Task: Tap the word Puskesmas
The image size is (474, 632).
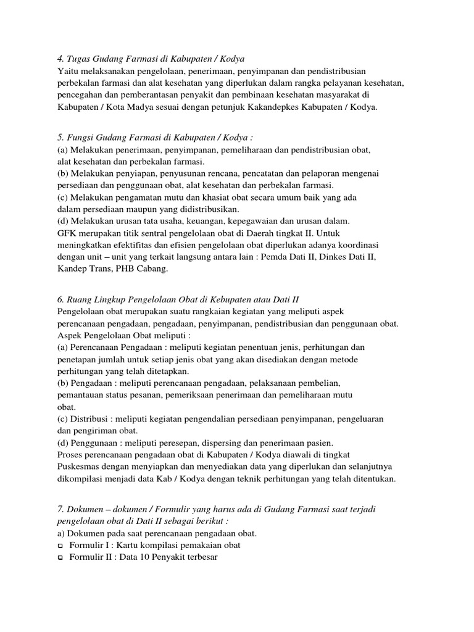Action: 79,467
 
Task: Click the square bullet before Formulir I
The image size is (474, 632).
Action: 60,546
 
